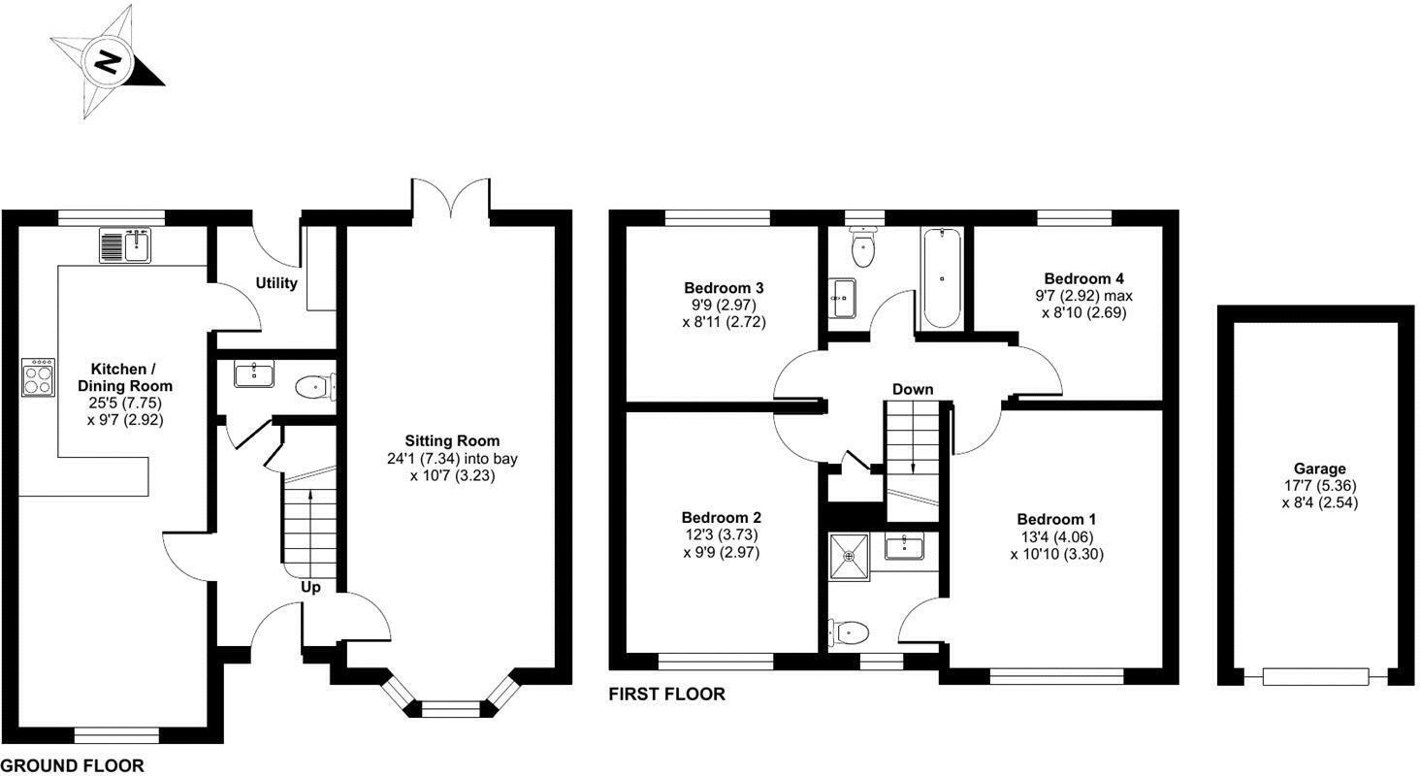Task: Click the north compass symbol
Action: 107,62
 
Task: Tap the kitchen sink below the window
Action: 125,245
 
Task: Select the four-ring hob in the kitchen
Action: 39,378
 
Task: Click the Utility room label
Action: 276,283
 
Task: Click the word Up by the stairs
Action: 310,588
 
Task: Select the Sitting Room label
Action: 453,441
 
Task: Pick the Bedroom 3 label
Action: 724,288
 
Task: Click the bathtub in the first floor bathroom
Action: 941,278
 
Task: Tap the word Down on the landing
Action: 913,390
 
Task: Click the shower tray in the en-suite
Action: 850,556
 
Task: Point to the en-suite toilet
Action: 850,633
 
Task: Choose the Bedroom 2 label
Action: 721,518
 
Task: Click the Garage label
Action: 1318,469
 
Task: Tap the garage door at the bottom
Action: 1315,676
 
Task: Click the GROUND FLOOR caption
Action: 73,766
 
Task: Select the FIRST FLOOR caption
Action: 666,695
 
